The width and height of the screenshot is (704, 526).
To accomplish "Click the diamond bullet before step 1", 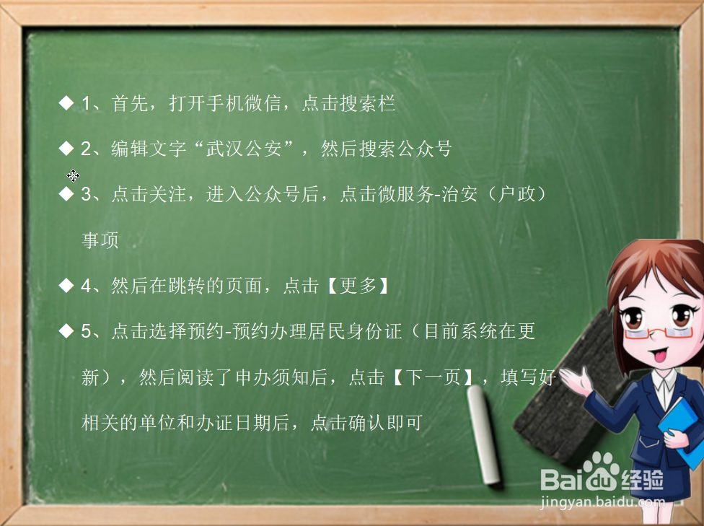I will [x=66, y=103].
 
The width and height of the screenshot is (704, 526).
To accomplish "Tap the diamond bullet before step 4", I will [x=66, y=286].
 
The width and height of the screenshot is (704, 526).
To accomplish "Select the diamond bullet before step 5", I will [x=66, y=331].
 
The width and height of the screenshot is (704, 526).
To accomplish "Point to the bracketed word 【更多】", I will [x=356, y=286].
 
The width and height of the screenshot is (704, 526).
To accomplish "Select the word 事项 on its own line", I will [x=100, y=240].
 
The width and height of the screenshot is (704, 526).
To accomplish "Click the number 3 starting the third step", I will [x=86, y=195].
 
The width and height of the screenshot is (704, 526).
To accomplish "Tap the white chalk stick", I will [x=485, y=434].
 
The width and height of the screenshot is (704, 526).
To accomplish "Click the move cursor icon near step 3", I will [x=73, y=175].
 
